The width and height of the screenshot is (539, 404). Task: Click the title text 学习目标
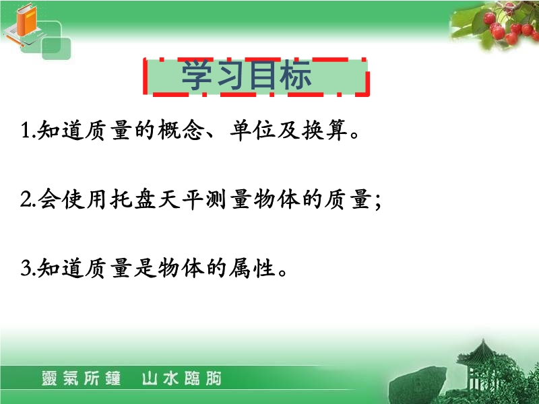click(246, 75)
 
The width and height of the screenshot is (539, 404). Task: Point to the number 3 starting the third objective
click(26, 268)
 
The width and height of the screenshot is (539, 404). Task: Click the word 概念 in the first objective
click(181, 131)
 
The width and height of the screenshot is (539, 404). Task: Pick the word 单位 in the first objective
click(253, 131)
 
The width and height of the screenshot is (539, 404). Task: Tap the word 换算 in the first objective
click(325, 131)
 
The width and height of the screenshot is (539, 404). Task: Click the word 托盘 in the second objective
click(133, 199)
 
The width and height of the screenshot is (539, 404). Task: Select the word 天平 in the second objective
click(181, 199)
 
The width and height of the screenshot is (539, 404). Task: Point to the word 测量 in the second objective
click(229, 199)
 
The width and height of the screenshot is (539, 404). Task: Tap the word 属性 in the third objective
click(253, 268)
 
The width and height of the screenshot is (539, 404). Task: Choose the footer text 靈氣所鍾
click(81, 378)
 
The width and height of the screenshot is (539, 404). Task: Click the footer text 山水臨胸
click(181, 378)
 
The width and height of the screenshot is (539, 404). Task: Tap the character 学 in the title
click(197, 75)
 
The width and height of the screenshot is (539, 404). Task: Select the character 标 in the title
click(296, 75)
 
